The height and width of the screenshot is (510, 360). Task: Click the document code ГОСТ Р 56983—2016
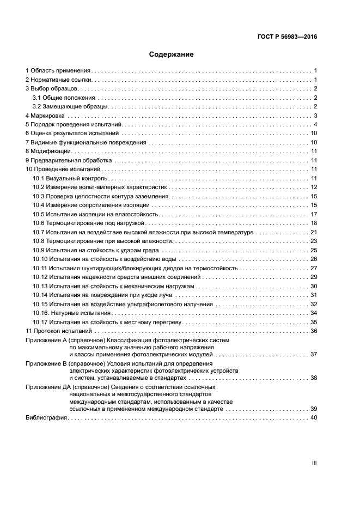[287, 38]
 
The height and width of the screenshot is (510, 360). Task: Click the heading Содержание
[172, 54]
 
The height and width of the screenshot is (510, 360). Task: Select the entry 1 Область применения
[58, 71]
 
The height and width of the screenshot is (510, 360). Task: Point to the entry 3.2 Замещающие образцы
[69, 107]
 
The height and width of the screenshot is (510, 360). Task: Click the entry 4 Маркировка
[45, 116]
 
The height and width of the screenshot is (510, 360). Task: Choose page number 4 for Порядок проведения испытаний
[315, 125]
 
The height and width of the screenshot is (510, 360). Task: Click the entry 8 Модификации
[48, 151]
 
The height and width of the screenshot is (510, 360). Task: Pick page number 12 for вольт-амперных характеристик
[314, 187]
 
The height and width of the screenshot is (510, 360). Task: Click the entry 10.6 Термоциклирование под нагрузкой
[88, 223]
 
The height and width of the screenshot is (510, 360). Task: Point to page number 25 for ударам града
[314, 250]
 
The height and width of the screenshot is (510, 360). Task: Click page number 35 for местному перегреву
[314, 322]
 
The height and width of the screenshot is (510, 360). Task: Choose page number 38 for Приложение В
[314, 378]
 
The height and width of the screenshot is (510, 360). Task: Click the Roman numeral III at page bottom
[314, 463]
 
